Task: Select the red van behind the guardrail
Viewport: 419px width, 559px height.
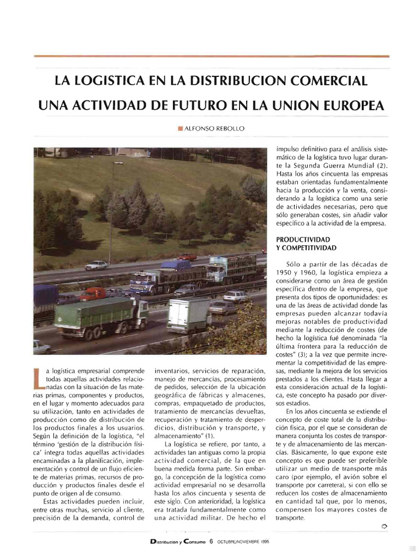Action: tap(93, 294)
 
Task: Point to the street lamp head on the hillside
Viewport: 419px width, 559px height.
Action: tap(118, 163)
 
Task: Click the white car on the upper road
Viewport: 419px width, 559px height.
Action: tap(97, 265)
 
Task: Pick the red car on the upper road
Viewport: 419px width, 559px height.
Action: tap(187, 257)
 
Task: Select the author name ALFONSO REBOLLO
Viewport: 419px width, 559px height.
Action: tap(213, 129)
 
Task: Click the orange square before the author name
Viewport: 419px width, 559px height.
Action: tap(181, 129)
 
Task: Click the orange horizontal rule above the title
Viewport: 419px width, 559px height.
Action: tap(211, 56)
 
